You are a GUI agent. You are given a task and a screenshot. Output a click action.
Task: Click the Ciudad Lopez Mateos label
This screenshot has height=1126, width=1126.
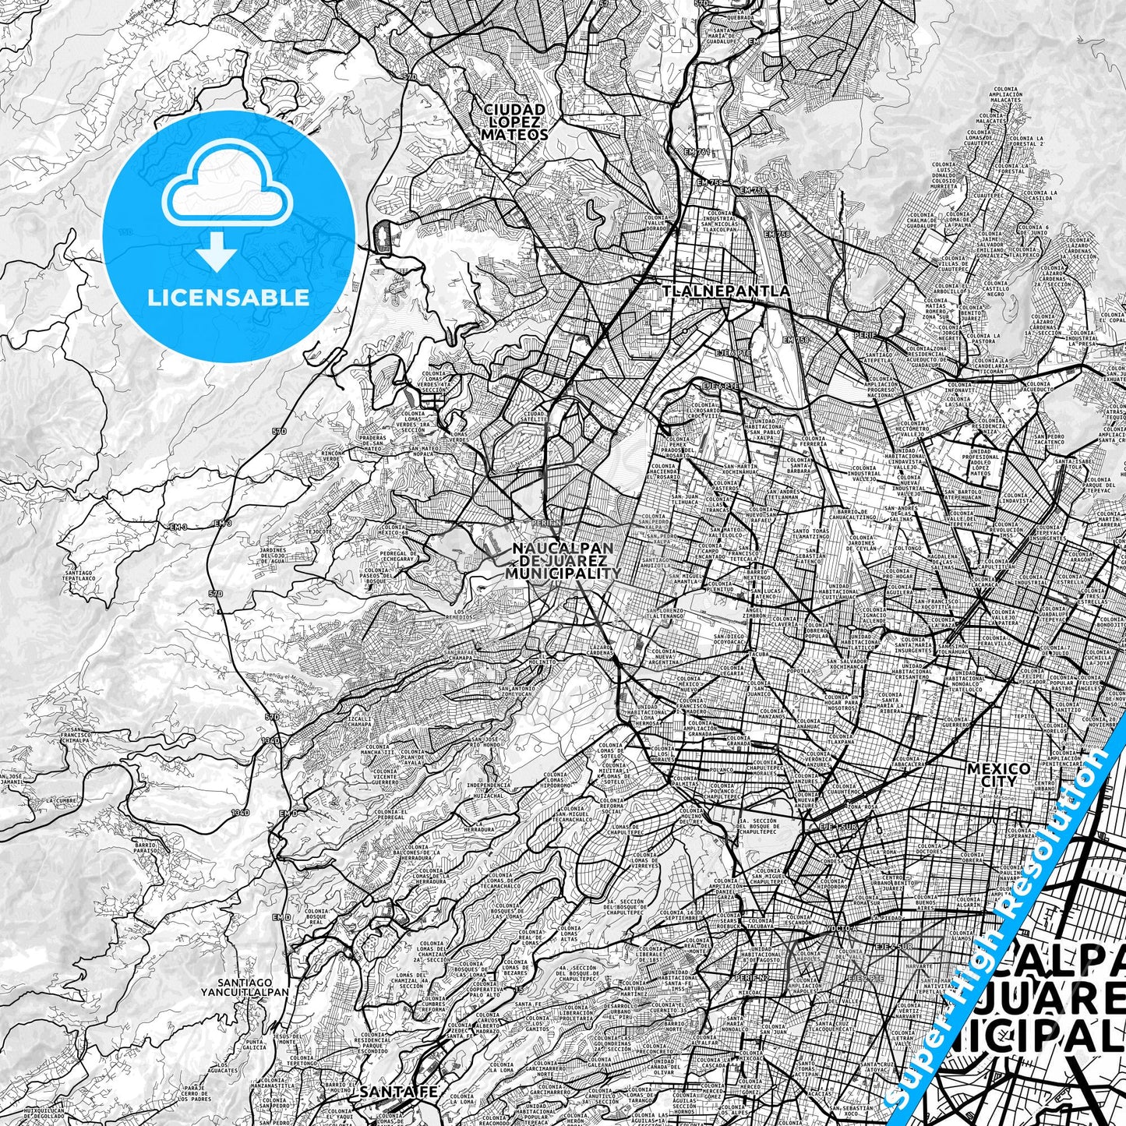[x=514, y=122]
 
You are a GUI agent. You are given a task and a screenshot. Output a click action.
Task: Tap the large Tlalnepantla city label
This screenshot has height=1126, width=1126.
[x=726, y=291]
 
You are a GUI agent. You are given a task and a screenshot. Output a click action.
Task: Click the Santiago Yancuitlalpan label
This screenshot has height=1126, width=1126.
[x=254, y=987]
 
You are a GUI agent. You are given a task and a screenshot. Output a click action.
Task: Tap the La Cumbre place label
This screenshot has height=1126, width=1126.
[x=60, y=800]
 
